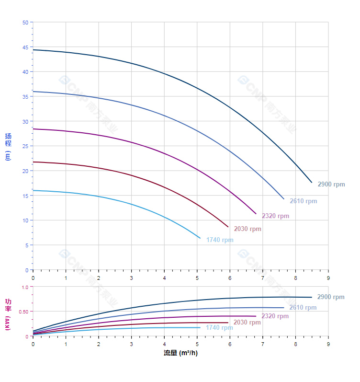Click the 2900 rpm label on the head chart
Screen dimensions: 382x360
tap(331, 185)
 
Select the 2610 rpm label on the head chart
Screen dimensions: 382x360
tap(303, 201)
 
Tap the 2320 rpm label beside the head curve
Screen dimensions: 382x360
tap(275, 216)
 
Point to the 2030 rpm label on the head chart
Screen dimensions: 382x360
tap(247, 229)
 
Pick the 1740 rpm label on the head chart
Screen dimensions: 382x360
tap(220, 240)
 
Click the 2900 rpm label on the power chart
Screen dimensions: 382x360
tap(330, 297)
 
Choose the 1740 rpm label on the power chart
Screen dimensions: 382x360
tap(219, 328)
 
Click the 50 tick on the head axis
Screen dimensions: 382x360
tap(25, 23)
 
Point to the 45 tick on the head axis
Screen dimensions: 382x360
tap(25, 47)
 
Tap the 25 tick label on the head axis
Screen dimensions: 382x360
tap(25, 146)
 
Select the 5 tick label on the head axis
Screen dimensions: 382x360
tap(27, 245)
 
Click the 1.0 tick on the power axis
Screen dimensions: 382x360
tap(25, 287)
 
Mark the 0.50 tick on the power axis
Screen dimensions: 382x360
tap(24, 312)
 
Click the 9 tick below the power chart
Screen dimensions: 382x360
tap(328, 344)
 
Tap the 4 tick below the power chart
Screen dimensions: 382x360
tap(164, 344)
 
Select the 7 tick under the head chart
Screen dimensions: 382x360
tap(263, 278)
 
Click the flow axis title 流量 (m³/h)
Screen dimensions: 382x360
tap(180, 353)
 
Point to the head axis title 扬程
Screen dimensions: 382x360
tap(8, 139)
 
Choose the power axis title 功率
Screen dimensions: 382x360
tap(8, 305)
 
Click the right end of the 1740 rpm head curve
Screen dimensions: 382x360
tap(200, 238)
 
